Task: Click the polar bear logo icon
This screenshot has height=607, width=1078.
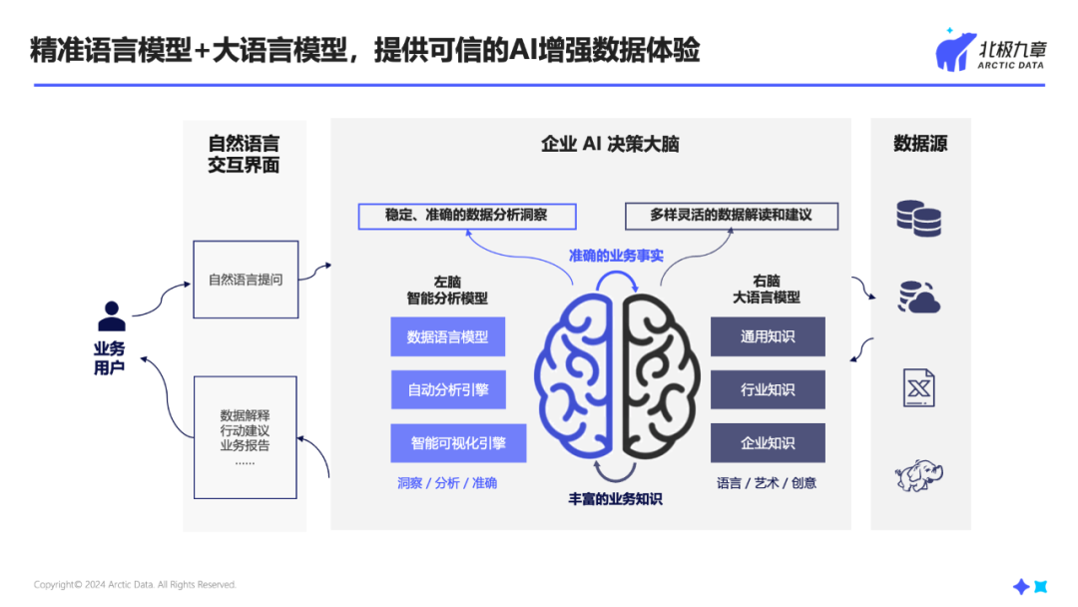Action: [955, 51]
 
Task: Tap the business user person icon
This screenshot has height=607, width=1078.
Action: [111, 316]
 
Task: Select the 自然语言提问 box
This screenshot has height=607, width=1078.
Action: [246, 280]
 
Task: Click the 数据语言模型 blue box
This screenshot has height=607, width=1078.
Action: [447, 337]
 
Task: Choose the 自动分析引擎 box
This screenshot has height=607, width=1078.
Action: [447, 389]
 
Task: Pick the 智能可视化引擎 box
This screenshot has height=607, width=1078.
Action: [458, 442]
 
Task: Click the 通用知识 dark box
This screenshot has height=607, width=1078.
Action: [768, 336]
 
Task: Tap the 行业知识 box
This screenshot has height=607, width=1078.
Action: [768, 389]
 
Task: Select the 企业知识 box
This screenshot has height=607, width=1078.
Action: [768, 442]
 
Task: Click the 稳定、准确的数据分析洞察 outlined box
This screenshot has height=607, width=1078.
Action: [466, 215]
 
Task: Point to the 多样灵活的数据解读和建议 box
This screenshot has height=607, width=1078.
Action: [731, 215]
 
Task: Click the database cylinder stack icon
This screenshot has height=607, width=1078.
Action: [918, 218]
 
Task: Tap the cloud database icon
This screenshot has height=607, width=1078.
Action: [918, 298]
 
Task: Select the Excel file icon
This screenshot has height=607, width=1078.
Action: [918, 387]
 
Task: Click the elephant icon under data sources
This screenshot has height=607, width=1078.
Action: [918, 475]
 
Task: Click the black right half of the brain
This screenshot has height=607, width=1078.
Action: [660, 373]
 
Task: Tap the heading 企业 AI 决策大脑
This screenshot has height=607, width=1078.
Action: [610, 144]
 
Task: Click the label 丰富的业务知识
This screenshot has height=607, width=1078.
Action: [615, 498]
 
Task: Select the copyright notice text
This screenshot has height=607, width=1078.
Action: [135, 585]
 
